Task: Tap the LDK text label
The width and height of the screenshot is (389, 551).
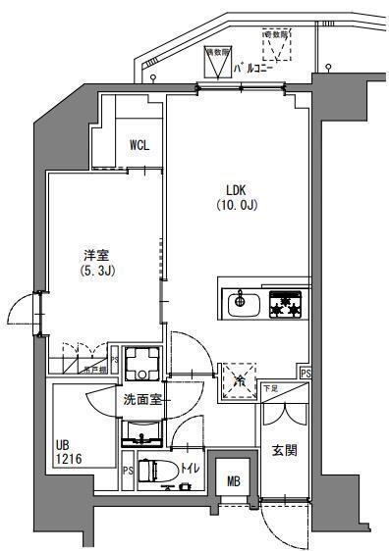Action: [x=237, y=191]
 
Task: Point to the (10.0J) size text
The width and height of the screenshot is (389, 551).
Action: [x=237, y=206]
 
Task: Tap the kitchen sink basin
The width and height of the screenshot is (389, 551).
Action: [x=241, y=304]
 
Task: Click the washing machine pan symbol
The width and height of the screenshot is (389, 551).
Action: [x=142, y=364]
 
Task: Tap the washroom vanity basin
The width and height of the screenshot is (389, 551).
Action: [x=142, y=431]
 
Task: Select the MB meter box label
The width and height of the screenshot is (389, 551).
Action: [x=233, y=480]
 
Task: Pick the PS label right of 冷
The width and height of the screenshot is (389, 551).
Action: [x=305, y=374]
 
